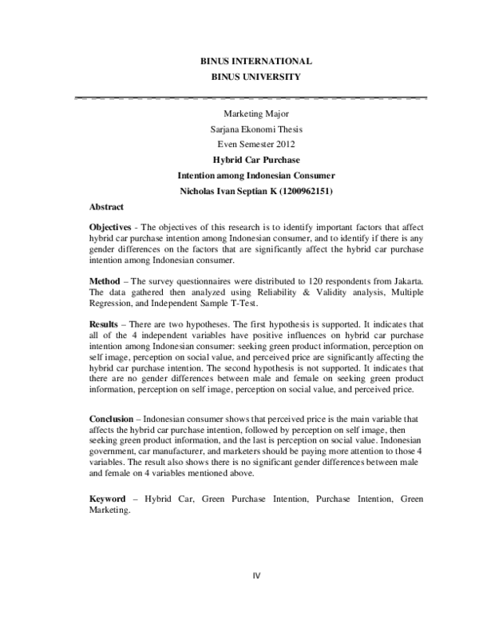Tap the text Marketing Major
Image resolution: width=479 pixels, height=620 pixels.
coord(255,115)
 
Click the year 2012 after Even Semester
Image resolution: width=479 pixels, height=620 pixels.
coord(284,144)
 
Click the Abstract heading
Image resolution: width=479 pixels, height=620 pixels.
coord(106,205)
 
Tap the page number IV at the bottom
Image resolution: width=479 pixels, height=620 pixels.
coord(256,574)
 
